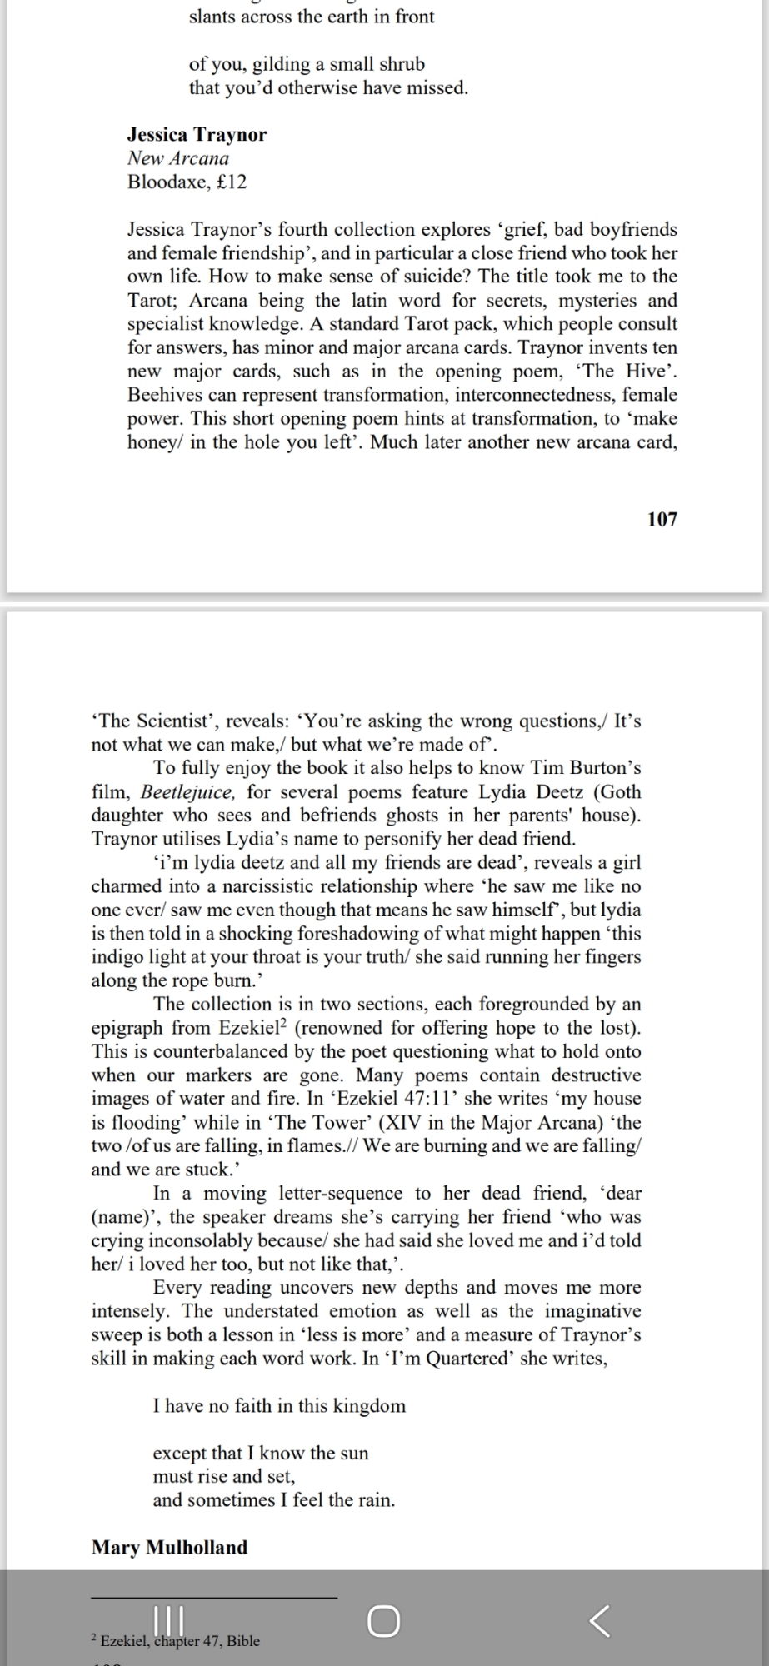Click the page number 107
(x=662, y=519)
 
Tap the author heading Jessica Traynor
(x=197, y=134)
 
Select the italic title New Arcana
(x=177, y=157)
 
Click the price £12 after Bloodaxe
(x=231, y=182)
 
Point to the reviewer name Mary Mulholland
(x=169, y=1547)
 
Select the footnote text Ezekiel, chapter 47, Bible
(x=180, y=1640)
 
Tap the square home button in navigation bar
(x=383, y=1621)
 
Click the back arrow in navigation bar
(x=599, y=1621)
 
